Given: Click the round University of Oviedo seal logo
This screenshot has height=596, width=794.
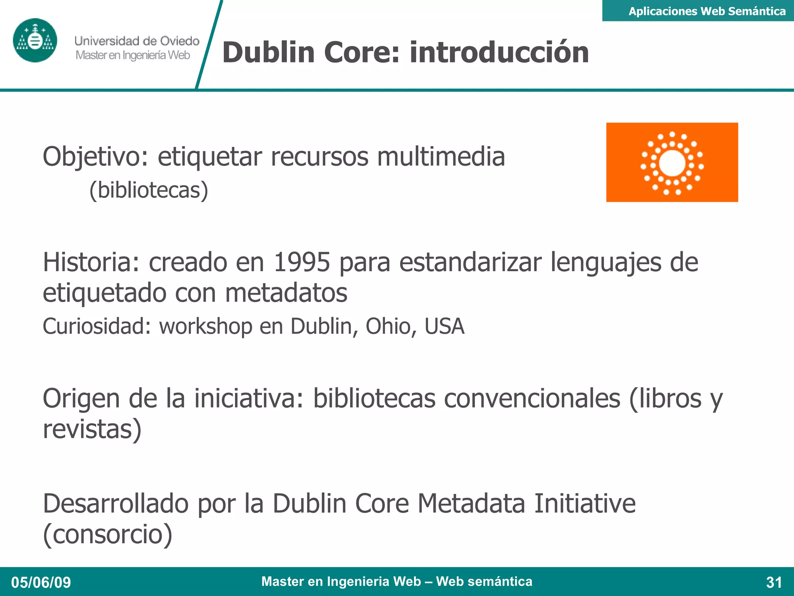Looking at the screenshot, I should tap(35, 40).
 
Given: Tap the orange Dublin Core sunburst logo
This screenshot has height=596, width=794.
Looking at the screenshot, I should tap(672, 162).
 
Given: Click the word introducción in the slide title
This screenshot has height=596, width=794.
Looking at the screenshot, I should tap(499, 52).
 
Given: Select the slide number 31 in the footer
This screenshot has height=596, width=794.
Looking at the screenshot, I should tap(774, 582).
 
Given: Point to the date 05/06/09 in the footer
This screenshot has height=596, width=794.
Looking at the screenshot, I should tap(41, 582).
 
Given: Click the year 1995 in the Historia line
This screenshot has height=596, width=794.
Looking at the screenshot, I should tap(302, 262).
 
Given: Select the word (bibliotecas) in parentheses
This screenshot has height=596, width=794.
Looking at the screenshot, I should tap(149, 190).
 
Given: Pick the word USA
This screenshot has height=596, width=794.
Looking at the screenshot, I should tap(444, 326).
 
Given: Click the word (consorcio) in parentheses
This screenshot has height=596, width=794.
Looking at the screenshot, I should tap(108, 534).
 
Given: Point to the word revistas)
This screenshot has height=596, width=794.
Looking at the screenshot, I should tap(92, 429).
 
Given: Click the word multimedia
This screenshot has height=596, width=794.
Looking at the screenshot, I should tap(441, 157).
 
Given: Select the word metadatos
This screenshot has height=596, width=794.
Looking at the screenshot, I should tap(286, 293).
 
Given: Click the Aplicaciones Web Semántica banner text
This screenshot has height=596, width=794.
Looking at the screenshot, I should tap(707, 11).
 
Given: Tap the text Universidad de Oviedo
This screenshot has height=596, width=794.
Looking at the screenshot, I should tap(137, 41).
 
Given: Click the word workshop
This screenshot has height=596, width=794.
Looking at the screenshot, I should tap(205, 326).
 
